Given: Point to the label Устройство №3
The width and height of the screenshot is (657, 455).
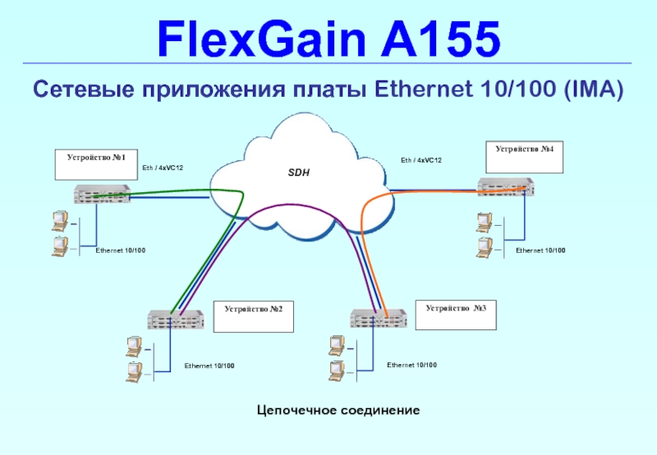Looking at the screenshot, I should [456, 307].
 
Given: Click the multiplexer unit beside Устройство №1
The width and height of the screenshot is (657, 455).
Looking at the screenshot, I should [103, 195].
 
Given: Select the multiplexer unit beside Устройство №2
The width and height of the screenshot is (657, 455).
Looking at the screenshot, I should [175, 319].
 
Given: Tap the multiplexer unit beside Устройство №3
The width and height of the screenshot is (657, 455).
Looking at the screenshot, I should [379, 319].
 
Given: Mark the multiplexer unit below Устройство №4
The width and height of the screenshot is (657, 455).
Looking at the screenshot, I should [506, 188].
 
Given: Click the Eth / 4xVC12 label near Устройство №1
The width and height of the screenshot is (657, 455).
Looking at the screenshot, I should [163, 168].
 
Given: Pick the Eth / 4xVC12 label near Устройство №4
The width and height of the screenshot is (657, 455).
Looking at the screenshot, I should [421, 160].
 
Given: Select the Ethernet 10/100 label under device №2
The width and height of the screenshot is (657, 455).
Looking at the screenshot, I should [209, 365].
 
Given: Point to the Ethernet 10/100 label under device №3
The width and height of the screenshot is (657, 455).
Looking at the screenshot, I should [412, 364].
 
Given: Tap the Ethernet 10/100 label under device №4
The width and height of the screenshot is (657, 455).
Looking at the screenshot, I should [540, 249].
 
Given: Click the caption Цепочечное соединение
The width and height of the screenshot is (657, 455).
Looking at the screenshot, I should [338, 409].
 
